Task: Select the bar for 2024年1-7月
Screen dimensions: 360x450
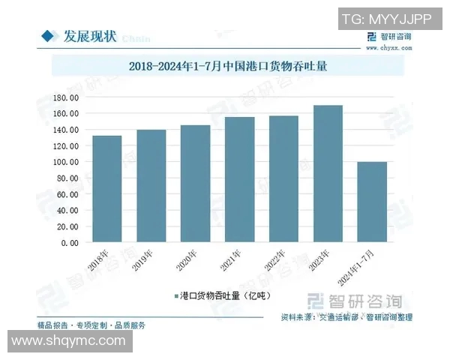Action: point(372,202)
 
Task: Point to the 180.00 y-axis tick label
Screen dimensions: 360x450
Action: point(67,97)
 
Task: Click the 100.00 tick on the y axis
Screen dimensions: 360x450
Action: point(67,162)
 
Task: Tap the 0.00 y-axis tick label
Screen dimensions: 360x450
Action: point(70,243)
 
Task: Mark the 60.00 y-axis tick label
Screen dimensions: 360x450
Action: point(68,194)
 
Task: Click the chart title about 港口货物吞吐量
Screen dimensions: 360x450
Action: point(225,65)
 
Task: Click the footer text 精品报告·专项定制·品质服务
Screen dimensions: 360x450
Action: point(91,325)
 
